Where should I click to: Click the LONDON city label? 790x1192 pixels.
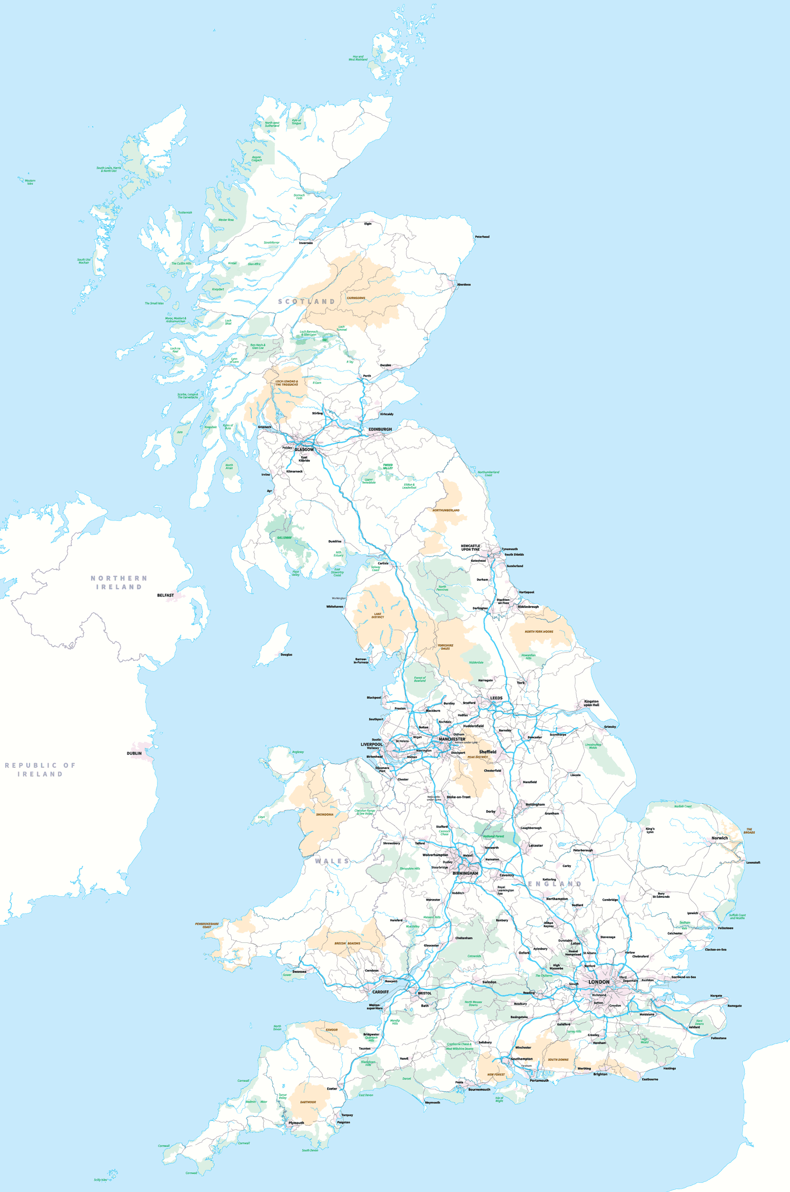tap(598, 982)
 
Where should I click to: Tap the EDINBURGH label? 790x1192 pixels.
tap(380, 429)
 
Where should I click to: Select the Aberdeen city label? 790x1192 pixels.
tap(463, 285)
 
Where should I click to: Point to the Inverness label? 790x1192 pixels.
tap(305, 243)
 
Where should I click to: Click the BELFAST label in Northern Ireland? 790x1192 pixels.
tap(165, 595)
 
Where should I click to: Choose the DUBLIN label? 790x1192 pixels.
tap(134, 753)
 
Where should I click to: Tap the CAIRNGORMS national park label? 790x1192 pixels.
tap(355, 298)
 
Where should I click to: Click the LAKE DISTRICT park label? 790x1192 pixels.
tap(378, 615)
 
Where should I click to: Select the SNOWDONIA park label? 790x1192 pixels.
tap(324, 814)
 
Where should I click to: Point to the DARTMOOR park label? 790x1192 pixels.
tap(308, 1102)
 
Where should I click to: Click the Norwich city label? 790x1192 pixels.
tap(719, 838)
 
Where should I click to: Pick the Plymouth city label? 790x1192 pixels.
tap(296, 1123)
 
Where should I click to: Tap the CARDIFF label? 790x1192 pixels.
tap(380, 992)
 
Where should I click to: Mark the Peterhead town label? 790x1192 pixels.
tap(482, 237)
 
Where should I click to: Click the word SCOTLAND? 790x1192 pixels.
tap(307, 301)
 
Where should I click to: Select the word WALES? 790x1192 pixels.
tap(332, 861)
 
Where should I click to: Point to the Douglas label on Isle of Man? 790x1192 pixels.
tap(286, 654)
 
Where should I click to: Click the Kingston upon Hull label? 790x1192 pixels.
tap(591, 703)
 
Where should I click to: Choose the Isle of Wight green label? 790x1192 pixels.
tap(499, 1099)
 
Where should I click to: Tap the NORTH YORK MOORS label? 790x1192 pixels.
tap(539, 631)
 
